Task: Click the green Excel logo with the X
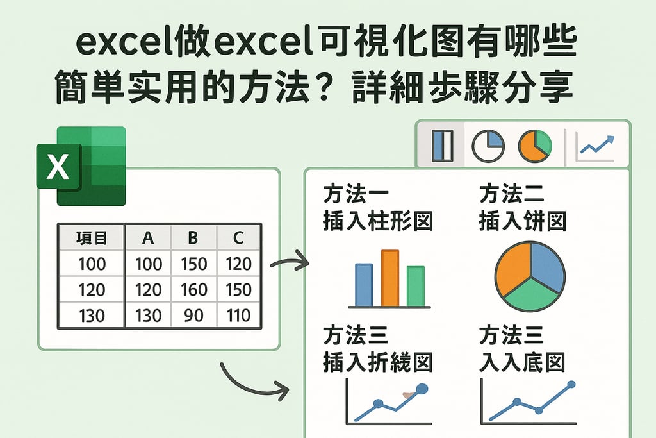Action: (81, 166)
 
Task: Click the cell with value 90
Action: (193, 316)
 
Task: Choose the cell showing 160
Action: (193, 290)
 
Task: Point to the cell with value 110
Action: (238, 316)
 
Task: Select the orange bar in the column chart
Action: (389, 278)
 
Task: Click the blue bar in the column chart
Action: (364, 285)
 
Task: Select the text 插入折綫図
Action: (378, 362)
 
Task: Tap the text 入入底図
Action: (522, 362)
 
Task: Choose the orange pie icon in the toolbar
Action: (534, 146)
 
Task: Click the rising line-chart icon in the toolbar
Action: (596, 146)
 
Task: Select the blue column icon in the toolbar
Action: (443, 146)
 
